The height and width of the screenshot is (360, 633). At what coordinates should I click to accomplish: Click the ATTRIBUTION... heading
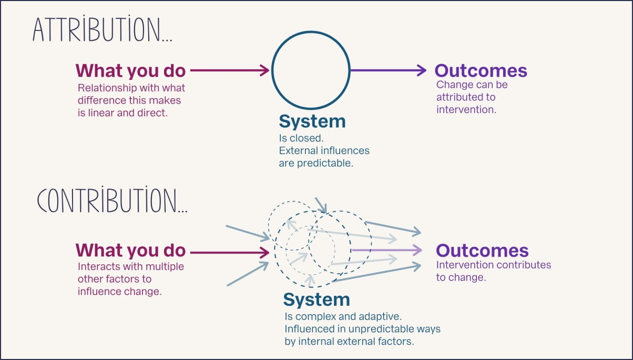pos(103,29)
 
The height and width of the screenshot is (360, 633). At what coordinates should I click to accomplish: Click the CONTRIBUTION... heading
pos(112,200)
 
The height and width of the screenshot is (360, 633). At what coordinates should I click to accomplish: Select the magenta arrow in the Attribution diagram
pos(230,70)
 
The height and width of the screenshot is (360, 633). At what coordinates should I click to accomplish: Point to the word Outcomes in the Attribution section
pos(481,70)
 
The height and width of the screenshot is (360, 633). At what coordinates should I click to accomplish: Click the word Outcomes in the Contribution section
pos(482,250)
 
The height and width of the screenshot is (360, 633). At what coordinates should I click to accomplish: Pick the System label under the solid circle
pos(312,121)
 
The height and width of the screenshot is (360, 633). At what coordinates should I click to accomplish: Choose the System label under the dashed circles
pos(316,300)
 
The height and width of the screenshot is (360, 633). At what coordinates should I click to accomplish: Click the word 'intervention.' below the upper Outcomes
pos(466,109)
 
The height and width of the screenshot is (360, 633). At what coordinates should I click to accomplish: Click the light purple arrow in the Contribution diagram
pos(386,250)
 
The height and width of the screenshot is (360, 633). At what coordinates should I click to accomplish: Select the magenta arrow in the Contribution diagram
pos(230,252)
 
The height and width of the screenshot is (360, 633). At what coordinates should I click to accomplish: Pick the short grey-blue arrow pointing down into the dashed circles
pos(321,205)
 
